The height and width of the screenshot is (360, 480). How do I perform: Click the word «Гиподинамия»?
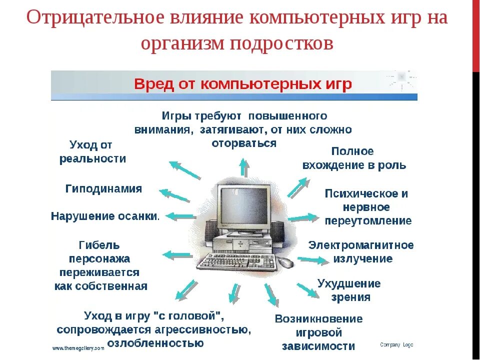click(103, 189)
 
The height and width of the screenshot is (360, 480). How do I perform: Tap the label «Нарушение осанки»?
click(105, 216)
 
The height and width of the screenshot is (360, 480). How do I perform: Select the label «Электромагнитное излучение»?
click(360, 252)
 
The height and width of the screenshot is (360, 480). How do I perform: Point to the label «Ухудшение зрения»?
click(349, 290)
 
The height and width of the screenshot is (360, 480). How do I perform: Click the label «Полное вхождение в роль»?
click(354, 158)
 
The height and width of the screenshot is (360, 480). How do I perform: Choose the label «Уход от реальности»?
click(92, 152)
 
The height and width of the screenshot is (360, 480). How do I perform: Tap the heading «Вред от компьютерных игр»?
click(243, 83)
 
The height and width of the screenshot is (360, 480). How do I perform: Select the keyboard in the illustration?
click(237, 261)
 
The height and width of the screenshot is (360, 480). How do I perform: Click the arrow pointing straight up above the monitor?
click(243, 167)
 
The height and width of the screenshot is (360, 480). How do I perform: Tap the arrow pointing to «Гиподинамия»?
click(174, 195)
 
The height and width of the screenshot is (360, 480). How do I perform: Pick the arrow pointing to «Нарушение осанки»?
click(180, 216)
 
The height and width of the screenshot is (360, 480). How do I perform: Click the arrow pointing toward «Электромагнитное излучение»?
click(310, 259)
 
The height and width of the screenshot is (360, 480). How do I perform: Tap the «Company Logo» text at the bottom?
click(396, 345)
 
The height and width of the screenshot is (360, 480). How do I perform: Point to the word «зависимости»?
click(318, 346)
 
